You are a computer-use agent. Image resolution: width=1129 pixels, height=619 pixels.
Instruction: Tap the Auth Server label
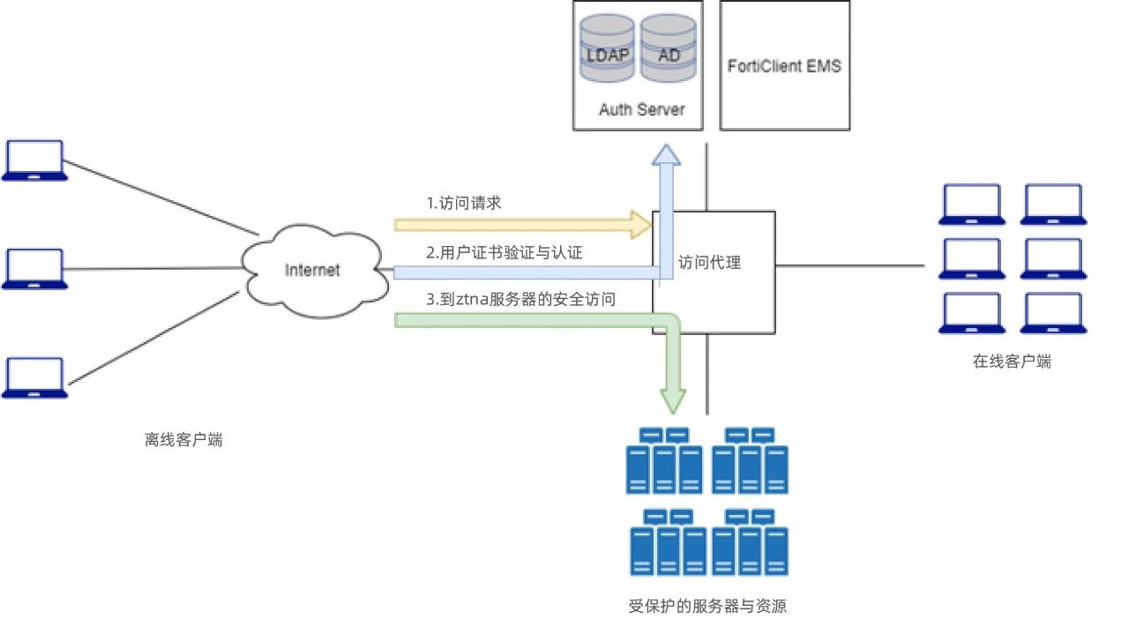pos(641,110)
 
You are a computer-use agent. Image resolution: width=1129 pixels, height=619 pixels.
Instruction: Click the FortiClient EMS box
pos(784,66)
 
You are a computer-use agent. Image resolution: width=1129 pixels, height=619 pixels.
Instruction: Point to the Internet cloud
pos(312,269)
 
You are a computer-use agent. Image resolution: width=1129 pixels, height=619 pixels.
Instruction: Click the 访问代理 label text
pos(710,262)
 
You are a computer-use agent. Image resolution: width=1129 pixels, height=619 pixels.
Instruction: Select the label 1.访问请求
pos(464,203)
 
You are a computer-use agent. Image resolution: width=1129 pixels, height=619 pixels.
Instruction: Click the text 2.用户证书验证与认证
pos(505,252)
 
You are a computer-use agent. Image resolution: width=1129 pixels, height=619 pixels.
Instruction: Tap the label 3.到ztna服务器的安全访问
pos(520,300)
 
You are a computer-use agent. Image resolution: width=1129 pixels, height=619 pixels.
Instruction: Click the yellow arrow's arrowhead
pos(641,225)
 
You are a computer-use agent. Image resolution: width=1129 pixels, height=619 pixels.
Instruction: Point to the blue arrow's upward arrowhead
pos(667,155)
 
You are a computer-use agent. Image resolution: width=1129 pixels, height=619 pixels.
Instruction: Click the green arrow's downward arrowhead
pos(673,401)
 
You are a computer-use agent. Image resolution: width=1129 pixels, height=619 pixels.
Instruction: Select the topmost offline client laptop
pos(34,160)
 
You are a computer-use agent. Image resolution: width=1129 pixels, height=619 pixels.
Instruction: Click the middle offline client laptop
pos(34,269)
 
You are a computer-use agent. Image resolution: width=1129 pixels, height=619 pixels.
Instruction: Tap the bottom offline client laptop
pos(34,378)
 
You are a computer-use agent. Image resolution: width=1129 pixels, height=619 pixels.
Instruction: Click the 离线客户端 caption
pos(183,440)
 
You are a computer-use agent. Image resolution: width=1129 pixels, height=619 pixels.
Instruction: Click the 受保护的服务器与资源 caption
pos(707,606)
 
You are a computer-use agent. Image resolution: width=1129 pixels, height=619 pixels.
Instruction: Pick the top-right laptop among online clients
pos(1051,205)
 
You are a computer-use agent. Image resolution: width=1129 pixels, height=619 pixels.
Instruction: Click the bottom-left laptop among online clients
pos(972,314)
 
